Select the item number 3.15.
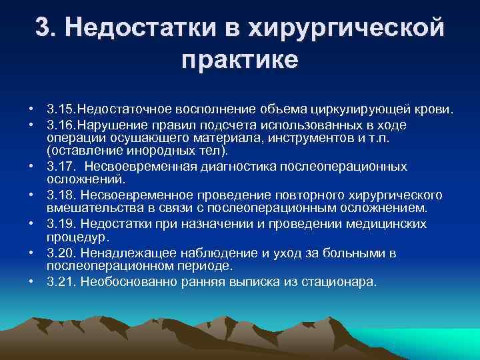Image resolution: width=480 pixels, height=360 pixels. pos(62,108)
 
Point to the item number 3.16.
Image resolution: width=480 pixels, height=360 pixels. pos(62,125)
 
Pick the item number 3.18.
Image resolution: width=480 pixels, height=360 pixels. pos(62,195)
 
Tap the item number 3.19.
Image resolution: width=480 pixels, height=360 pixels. pos(62,224)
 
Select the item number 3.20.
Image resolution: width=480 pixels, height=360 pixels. pos(62,253)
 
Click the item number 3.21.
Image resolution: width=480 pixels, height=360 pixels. pos(62,281)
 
